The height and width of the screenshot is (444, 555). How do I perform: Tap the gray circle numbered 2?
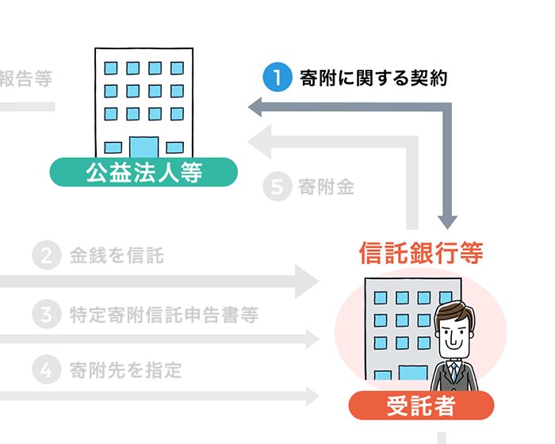pos(46,255)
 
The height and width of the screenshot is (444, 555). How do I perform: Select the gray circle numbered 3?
pos(46,314)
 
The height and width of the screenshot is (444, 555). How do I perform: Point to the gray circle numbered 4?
pos(46,369)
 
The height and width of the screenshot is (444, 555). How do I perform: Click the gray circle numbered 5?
pos(277,188)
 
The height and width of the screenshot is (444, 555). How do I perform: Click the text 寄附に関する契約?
pos(373,78)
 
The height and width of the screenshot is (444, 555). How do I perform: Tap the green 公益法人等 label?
pos(144,172)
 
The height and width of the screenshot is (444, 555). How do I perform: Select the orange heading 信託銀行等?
pos(421,253)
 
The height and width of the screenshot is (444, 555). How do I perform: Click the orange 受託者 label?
pos(421,406)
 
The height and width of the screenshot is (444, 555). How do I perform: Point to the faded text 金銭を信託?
pos(117,255)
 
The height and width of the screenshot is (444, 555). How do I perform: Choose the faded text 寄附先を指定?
pos(126,369)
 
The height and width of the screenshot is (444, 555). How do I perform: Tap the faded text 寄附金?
pos(326,188)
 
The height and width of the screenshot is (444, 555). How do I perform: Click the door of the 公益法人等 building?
pos(144,147)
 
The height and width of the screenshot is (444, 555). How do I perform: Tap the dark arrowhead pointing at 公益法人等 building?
pos(256,106)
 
